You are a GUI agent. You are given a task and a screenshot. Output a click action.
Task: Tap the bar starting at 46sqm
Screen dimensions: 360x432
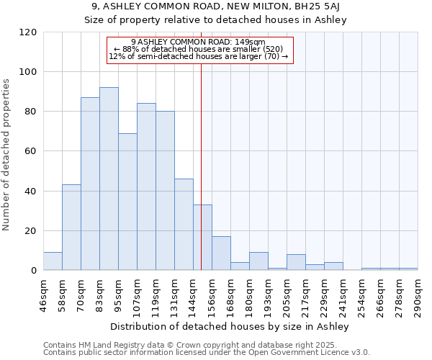(53, 261)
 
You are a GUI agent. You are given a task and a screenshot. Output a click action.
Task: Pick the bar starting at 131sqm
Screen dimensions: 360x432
(184, 225)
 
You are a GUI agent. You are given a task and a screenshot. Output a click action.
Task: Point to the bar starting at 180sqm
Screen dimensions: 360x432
(258, 261)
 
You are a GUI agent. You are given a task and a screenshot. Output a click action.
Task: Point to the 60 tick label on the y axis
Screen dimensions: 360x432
(31, 151)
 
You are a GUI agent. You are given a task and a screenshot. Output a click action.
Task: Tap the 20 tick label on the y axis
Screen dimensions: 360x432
(31, 231)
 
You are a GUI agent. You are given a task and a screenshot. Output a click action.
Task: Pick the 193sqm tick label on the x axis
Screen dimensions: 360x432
(268, 291)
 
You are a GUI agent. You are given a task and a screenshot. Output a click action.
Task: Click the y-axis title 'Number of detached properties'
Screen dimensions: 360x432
(7, 154)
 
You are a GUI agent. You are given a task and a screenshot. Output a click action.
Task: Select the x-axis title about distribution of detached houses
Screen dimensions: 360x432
(230, 327)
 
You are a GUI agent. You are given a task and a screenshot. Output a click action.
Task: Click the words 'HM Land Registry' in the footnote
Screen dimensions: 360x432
(99, 345)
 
